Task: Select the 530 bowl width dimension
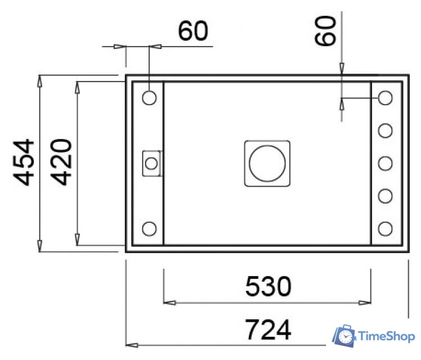(x=268, y=287)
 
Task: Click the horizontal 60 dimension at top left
(x=193, y=32)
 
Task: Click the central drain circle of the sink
(x=268, y=163)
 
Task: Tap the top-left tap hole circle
(x=150, y=97)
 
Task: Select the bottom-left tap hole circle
(x=150, y=228)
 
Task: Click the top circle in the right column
(x=385, y=97)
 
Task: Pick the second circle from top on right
(x=385, y=130)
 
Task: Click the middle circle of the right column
(x=385, y=163)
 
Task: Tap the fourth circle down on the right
(x=385, y=196)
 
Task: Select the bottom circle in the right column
(x=385, y=228)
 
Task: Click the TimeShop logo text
(x=387, y=336)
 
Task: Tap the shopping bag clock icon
(x=345, y=336)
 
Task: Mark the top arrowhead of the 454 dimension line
(x=40, y=80)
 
